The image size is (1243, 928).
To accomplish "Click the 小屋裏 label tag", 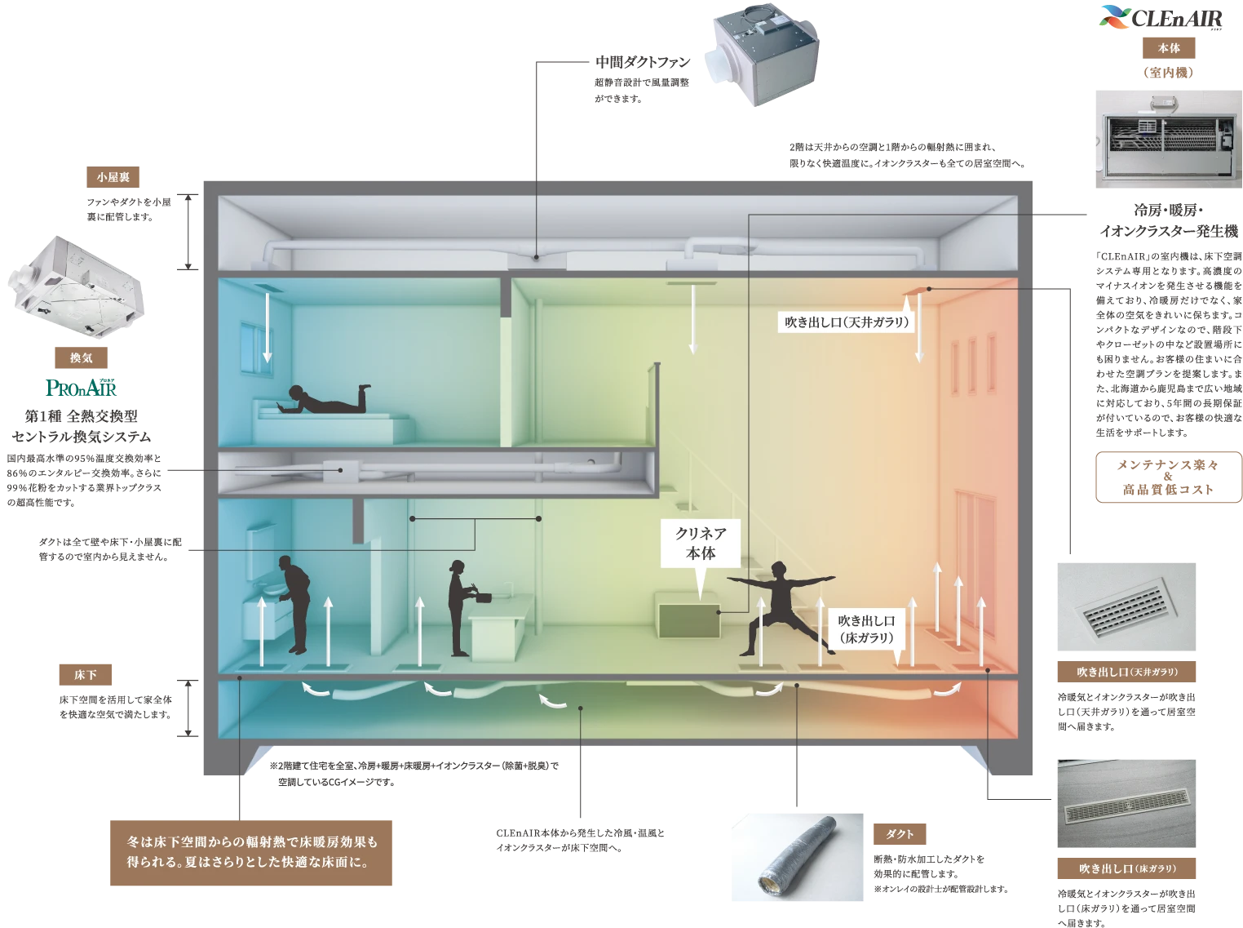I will tap(113, 176).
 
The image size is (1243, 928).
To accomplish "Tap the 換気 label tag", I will tap(81, 357).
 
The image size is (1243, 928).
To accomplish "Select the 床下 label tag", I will tap(85, 674).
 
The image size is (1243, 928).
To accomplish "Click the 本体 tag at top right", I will tap(1169, 48).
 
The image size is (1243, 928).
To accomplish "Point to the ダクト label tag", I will tap(900, 833).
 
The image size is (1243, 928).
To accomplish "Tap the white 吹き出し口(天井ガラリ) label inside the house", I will tap(847, 322).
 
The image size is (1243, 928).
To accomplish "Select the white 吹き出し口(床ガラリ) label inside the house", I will tap(866, 629).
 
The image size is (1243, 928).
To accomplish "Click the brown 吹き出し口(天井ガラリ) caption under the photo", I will tap(1128, 673).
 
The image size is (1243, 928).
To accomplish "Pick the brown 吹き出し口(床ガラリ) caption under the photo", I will tap(1128, 868).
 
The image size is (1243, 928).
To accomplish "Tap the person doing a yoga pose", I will tap(781, 605).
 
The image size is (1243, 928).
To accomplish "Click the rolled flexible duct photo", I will tap(798, 859).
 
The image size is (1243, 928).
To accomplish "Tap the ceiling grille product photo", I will tap(1128, 608).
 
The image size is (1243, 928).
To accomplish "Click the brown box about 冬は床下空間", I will tap(251, 851).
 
